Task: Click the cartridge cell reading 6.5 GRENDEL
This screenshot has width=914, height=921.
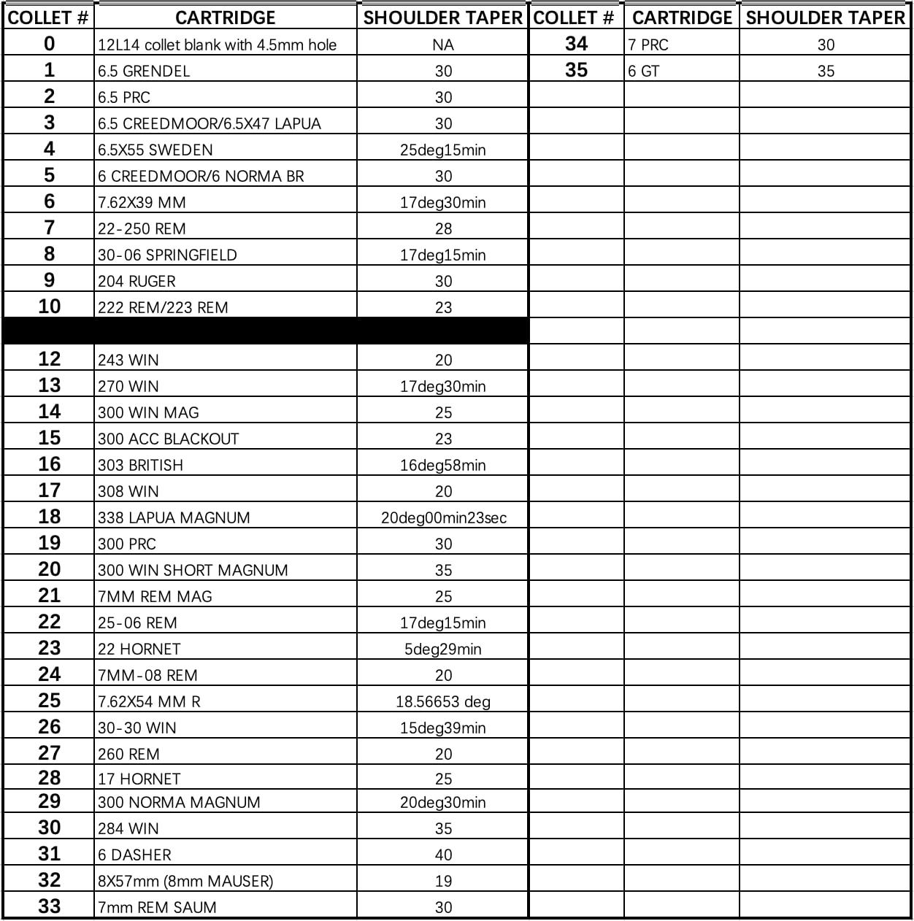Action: (x=144, y=72)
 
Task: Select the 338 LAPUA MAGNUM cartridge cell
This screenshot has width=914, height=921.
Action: (x=174, y=518)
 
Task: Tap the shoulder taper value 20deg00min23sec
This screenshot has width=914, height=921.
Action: (x=443, y=518)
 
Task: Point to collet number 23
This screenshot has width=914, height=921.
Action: (x=49, y=648)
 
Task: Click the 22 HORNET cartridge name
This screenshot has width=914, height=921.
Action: (x=139, y=650)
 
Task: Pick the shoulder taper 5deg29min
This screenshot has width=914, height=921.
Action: (x=443, y=650)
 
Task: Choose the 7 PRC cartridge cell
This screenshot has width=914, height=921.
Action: (x=648, y=45)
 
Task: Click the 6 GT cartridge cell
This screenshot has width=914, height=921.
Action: (x=644, y=72)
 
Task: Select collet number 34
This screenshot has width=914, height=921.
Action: (x=576, y=45)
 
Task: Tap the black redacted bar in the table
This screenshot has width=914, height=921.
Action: (x=266, y=331)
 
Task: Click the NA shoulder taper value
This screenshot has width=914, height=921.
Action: (x=443, y=45)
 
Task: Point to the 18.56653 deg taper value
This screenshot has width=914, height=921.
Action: (x=443, y=702)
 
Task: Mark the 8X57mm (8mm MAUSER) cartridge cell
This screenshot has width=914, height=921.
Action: (x=185, y=882)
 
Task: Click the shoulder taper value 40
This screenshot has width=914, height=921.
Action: (x=443, y=855)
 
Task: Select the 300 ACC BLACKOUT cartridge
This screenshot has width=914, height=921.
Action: (x=169, y=439)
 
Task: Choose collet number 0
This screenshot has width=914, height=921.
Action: (x=49, y=44)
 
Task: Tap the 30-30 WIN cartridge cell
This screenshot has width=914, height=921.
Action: (x=137, y=728)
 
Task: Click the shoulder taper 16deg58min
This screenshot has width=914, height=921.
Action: (x=443, y=466)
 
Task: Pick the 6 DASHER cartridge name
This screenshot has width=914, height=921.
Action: (x=134, y=855)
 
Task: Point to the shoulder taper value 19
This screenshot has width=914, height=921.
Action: (x=443, y=882)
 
